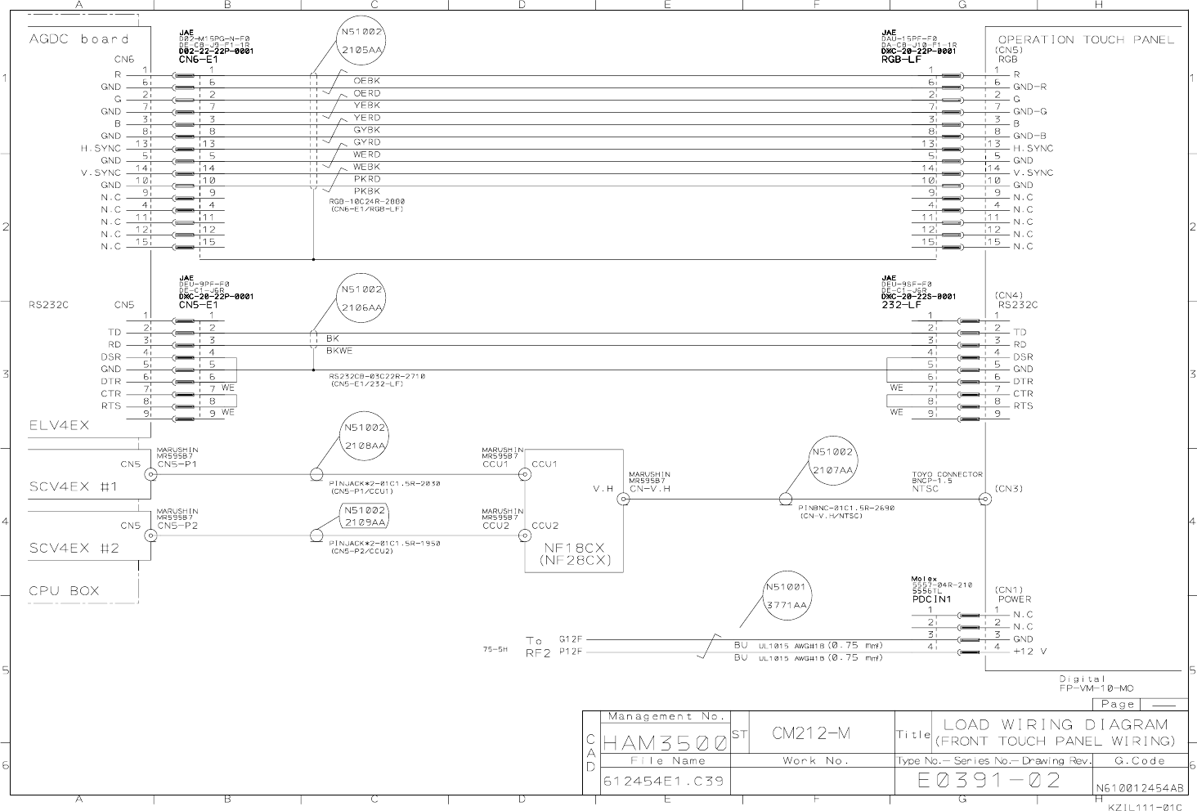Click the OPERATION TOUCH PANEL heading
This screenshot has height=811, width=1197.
click(1086, 39)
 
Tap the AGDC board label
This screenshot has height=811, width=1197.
click(79, 39)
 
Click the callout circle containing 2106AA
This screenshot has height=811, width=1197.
click(361, 298)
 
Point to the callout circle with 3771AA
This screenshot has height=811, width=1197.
click(786, 596)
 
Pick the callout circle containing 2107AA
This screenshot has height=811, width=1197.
click(832, 461)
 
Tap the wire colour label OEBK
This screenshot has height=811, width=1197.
click(366, 81)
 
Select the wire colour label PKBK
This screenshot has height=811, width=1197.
click(366, 191)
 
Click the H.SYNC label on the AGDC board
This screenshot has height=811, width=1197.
click(100, 148)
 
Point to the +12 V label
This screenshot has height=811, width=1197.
click(1029, 652)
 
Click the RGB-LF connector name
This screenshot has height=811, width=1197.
click(901, 60)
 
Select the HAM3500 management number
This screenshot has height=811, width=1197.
click(665, 744)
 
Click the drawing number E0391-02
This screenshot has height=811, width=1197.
click(989, 780)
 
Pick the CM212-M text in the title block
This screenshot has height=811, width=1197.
click(811, 733)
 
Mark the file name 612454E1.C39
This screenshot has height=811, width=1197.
click(663, 782)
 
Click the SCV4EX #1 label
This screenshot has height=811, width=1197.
click(74, 486)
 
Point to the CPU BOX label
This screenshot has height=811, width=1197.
click(64, 590)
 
